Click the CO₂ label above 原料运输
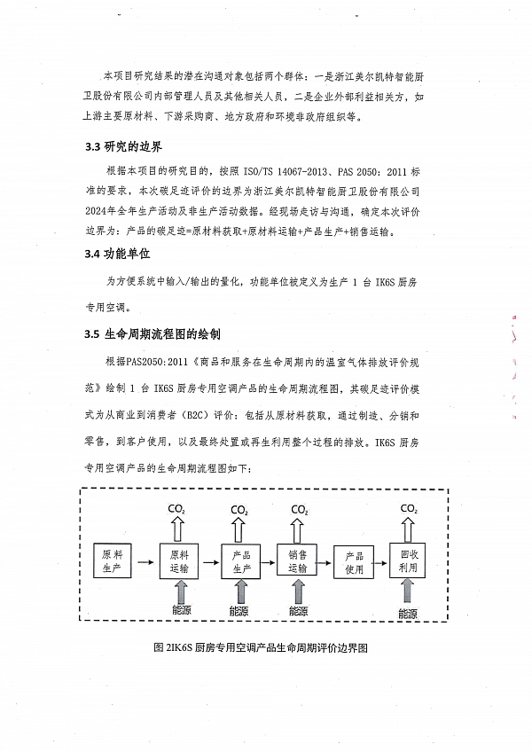(x=178, y=509)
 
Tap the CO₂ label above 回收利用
(x=409, y=508)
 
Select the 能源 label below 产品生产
(x=240, y=611)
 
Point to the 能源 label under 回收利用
(x=408, y=613)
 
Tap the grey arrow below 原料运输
(x=178, y=591)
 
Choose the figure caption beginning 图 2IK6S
(x=261, y=648)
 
